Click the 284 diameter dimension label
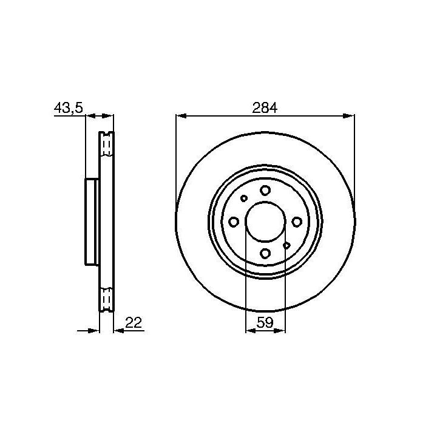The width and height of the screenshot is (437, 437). [x=265, y=108]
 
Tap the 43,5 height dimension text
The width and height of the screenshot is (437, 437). [x=69, y=108]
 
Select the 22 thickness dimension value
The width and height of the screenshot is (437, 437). [x=134, y=322]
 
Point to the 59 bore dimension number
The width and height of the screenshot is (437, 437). [x=265, y=322]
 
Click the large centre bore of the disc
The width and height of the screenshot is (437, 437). [x=265, y=222]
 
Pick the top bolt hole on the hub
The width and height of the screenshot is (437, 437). [x=265, y=191]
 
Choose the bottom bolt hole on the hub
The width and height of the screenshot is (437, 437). [x=265, y=253]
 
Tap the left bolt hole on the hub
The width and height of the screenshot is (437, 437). [x=234, y=222]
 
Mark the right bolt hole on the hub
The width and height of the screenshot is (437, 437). [x=297, y=222]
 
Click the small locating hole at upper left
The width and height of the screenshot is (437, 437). [x=244, y=198]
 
